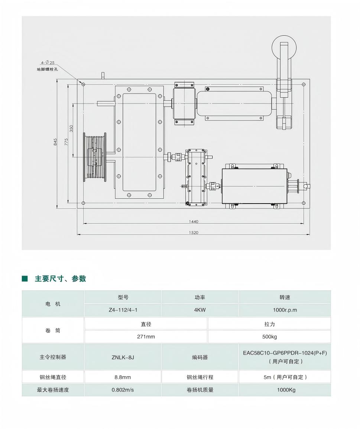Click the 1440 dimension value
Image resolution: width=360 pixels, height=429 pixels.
tap(194, 221)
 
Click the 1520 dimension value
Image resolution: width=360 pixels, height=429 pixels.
tap(194, 233)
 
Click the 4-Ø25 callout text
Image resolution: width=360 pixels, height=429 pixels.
tap(48, 63)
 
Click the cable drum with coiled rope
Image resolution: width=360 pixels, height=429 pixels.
tap(95, 157)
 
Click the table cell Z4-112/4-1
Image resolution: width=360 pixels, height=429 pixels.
tap(123, 310)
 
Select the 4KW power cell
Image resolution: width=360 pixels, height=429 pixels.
tap(200, 310)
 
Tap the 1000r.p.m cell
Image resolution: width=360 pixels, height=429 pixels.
tap(285, 310)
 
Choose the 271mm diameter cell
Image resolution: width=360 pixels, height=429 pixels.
tap(146, 337)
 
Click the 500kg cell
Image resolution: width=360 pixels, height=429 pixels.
tap(269, 337)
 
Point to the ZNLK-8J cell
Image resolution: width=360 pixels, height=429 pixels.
tap(123, 357)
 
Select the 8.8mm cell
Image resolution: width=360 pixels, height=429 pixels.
tap(123, 377)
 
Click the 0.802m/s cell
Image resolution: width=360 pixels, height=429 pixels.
tap(123, 390)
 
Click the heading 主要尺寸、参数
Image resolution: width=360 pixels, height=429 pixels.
tap(60, 279)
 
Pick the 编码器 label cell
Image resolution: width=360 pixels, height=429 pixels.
tap(200, 357)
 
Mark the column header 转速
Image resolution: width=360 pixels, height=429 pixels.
tap(285, 297)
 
